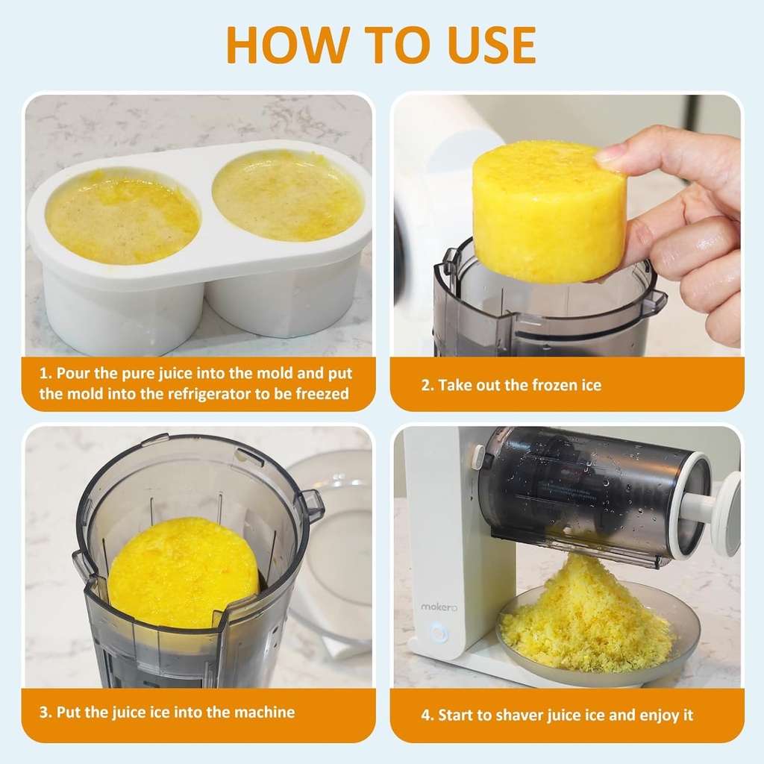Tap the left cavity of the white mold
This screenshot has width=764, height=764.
click(x=122, y=216)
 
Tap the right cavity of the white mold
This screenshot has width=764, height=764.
click(x=288, y=195)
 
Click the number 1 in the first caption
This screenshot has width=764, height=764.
click(x=44, y=374)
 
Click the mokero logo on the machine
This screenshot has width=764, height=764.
click(x=438, y=607)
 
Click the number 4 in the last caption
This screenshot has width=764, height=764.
click(x=426, y=716)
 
